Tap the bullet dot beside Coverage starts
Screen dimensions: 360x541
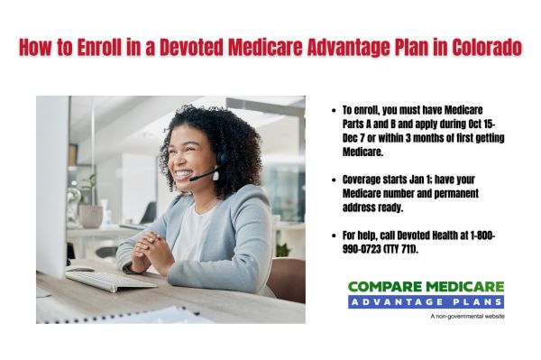(335, 179)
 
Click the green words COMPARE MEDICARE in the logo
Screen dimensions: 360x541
(426, 287)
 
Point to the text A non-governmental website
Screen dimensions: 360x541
(467, 317)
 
